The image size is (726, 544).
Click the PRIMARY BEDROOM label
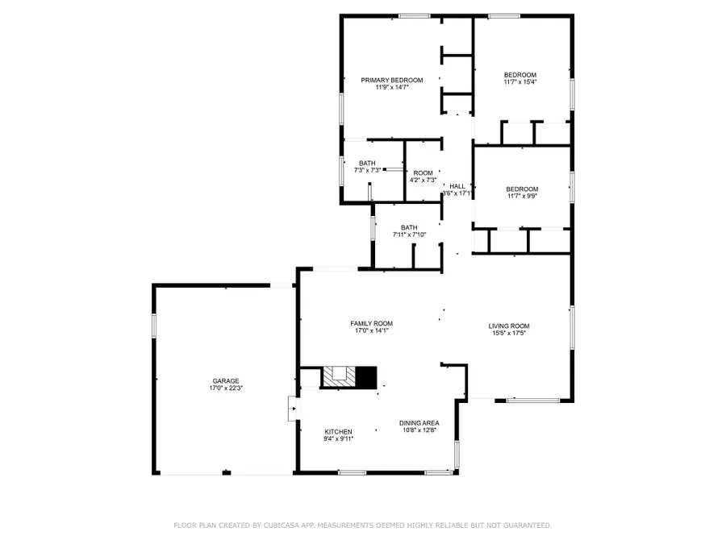(x=391, y=80)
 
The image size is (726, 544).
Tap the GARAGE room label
(x=226, y=381)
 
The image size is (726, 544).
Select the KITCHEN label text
(x=339, y=431)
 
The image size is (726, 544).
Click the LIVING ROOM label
(x=509, y=326)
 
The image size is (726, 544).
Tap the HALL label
(x=457, y=186)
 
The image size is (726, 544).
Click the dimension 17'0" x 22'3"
(x=226, y=388)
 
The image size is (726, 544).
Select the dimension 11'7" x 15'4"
(x=520, y=82)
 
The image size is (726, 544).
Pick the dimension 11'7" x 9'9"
(x=522, y=196)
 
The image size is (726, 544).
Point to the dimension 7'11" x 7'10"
(x=409, y=235)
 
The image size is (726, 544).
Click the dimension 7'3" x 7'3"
(x=367, y=170)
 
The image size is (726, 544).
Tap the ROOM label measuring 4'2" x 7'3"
(x=423, y=172)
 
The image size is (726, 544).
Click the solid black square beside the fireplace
(x=367, y=377)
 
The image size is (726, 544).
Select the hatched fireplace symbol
(x=338, y=377)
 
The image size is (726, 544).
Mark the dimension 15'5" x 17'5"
(x=509, y=334)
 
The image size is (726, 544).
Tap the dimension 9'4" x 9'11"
(x=339, y=438)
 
